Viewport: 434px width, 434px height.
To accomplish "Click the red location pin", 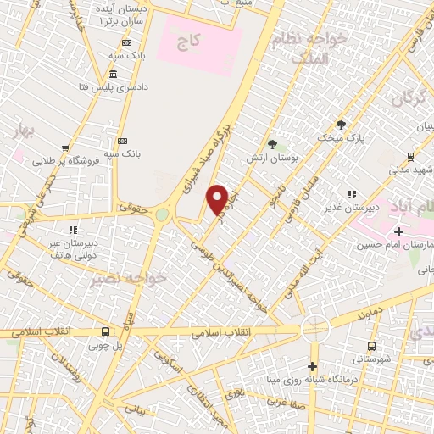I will pyautogui.click(x=217, y=200).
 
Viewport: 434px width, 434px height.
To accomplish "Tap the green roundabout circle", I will pyautogui.click(x=161, y=214).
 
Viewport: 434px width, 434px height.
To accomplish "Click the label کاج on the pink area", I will pyautogui.click(x=187, y=39).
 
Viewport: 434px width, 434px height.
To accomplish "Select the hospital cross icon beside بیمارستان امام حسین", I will pyautogui.click(x=398, y=231).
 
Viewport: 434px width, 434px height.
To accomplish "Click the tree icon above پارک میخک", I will pyautogui.click(x=341, y=124).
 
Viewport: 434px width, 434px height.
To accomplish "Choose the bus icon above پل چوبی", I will pyautogui.click(x=105, y=332).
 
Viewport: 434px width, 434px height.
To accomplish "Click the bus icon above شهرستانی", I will pyautogui.click(x=371, y=345).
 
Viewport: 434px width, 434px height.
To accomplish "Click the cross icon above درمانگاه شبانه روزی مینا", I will pyautogui.click(x=312, y=366).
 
